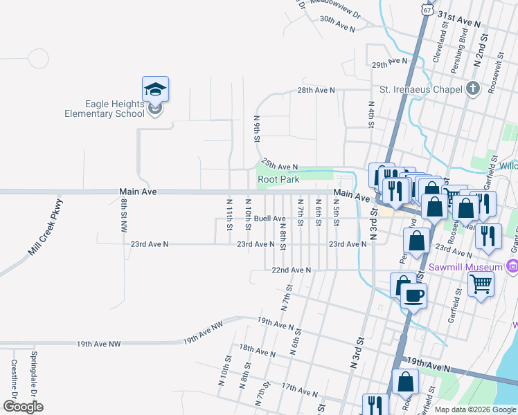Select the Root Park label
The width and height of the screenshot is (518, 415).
(278, 179)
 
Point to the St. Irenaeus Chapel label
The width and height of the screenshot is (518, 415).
(420, 89)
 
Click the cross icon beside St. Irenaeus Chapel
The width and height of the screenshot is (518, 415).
(472, 89)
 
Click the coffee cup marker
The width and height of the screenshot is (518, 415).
(414, 296)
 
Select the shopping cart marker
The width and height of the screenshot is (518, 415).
(481, 284)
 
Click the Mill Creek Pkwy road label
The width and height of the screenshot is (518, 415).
(46, 228)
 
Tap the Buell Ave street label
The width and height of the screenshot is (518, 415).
(270, 219)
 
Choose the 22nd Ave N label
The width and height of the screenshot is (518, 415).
(290, 270)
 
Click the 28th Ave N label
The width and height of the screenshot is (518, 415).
(316, 91)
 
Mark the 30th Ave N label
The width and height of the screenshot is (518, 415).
(337, 24)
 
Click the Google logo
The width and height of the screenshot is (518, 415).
(23, 407)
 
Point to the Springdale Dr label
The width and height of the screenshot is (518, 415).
(33, 373)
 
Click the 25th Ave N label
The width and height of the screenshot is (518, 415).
(280, 165)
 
